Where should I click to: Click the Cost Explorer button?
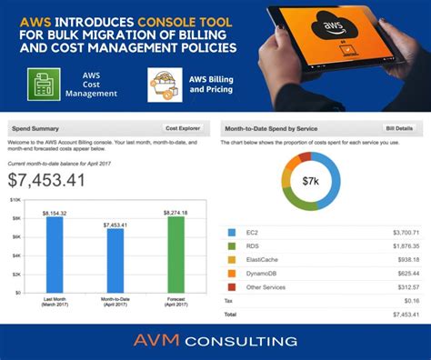pos(183,129)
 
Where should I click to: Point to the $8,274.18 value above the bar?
pos(175,212)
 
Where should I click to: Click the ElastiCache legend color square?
pos(231,260)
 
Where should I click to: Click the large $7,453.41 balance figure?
pos(46,179)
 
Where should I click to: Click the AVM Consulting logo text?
pos(215,342)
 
